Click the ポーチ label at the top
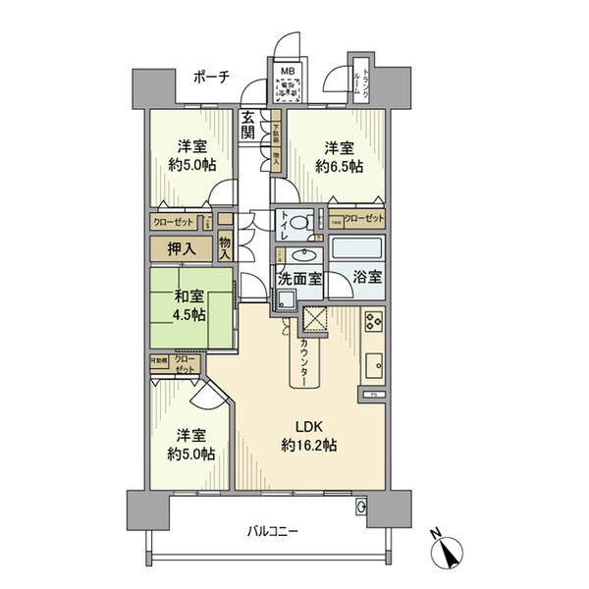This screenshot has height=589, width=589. point(211,78)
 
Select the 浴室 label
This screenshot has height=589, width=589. point(368,278)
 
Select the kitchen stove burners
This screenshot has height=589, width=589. point(373,322)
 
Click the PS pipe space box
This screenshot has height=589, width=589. point(374,395)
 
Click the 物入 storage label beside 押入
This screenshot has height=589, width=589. point(225,248)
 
